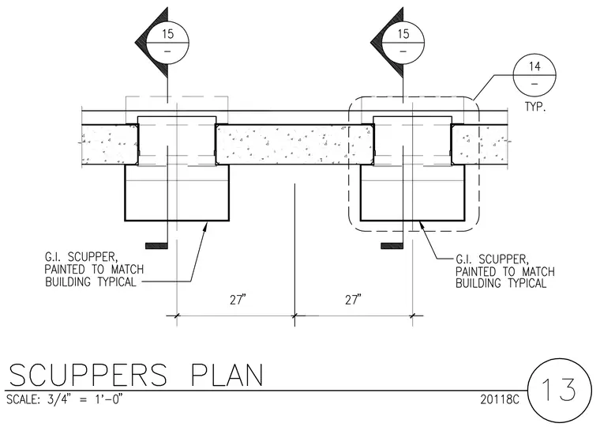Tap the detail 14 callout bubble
tap(534, 75)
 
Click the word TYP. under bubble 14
tap(535, 107)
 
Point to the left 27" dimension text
tap(238, 300)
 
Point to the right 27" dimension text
tap(353, 300)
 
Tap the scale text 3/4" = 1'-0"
tap(84, 399)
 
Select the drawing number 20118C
tap(500, 399)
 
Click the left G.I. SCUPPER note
tap(94, 269)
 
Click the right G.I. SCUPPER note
tap(505, 271)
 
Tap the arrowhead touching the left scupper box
tap(204, 227)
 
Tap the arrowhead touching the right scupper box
tap(422, 227)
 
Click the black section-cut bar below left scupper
tap(156, 246)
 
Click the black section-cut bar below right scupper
tap(392, 246)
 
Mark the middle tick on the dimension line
tap(294, 316)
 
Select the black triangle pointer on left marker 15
tap(152, 42)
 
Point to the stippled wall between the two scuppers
tap(294, 145)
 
